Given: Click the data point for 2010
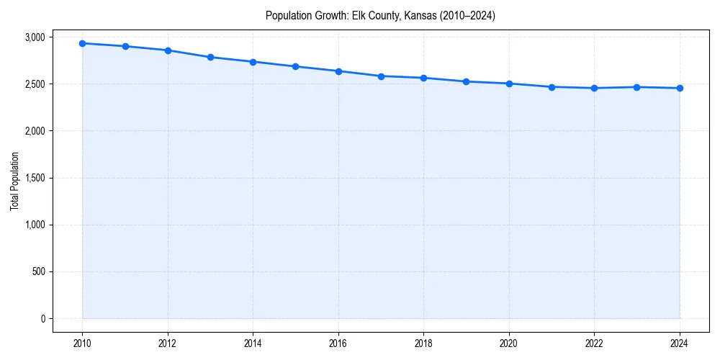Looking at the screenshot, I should [x=82, y=43].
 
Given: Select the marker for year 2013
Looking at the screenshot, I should [x=210, y=57].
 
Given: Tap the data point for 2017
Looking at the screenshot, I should [x=381, y=76].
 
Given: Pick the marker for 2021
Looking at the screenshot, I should [x=552, y=87].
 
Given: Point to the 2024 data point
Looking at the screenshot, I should [x=680, y=88].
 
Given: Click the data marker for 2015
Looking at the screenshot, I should [x=296, y=66].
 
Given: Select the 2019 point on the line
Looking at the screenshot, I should [x=467, y=81].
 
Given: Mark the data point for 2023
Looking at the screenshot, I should [x=637, y=87].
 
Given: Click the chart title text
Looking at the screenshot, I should [x=380, y=15].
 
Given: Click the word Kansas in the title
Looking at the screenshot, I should [x=416, y=15].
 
